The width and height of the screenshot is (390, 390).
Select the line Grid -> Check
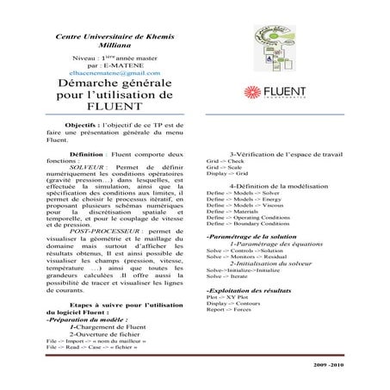pyautogui.click(x=226, y=160)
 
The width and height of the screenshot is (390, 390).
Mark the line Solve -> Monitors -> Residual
pyautogui.click(x=246, y=257)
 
